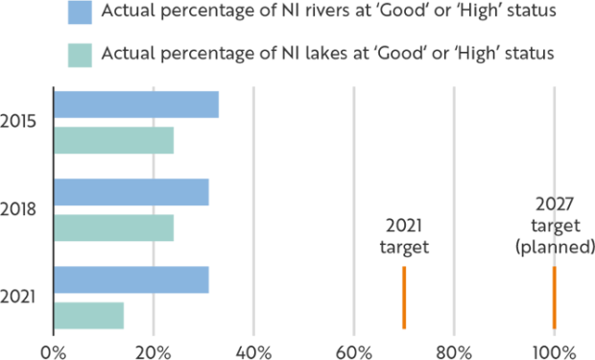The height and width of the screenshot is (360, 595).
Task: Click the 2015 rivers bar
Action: click(136, 104)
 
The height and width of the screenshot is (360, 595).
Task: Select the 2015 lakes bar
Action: click(114, 140)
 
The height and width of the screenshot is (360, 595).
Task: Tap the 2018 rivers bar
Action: click(131, 192)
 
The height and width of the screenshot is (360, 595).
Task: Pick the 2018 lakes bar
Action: click(114, 228)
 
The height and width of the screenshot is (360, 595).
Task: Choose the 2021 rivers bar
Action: click(131, 280)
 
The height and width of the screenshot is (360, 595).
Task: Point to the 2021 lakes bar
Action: click(89, 316)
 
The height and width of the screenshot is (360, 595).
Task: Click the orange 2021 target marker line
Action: click(404, 298)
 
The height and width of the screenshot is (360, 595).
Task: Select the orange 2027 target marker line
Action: click(555, 298)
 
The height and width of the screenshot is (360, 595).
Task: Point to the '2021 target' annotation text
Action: click(404, 237)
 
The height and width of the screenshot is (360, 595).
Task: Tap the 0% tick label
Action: click(53, 350)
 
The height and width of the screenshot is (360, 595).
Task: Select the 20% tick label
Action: click(152, 350)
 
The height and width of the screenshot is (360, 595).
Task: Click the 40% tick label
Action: click(252, 350)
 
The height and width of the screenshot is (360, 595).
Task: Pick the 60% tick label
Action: click(353, 350)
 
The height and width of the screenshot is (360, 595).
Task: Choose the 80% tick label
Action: click(454, 350)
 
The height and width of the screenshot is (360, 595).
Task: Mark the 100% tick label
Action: click(555, 350)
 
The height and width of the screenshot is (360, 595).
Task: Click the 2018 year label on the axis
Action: click(19, 208)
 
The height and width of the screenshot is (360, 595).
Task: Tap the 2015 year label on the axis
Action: click(19, 123)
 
